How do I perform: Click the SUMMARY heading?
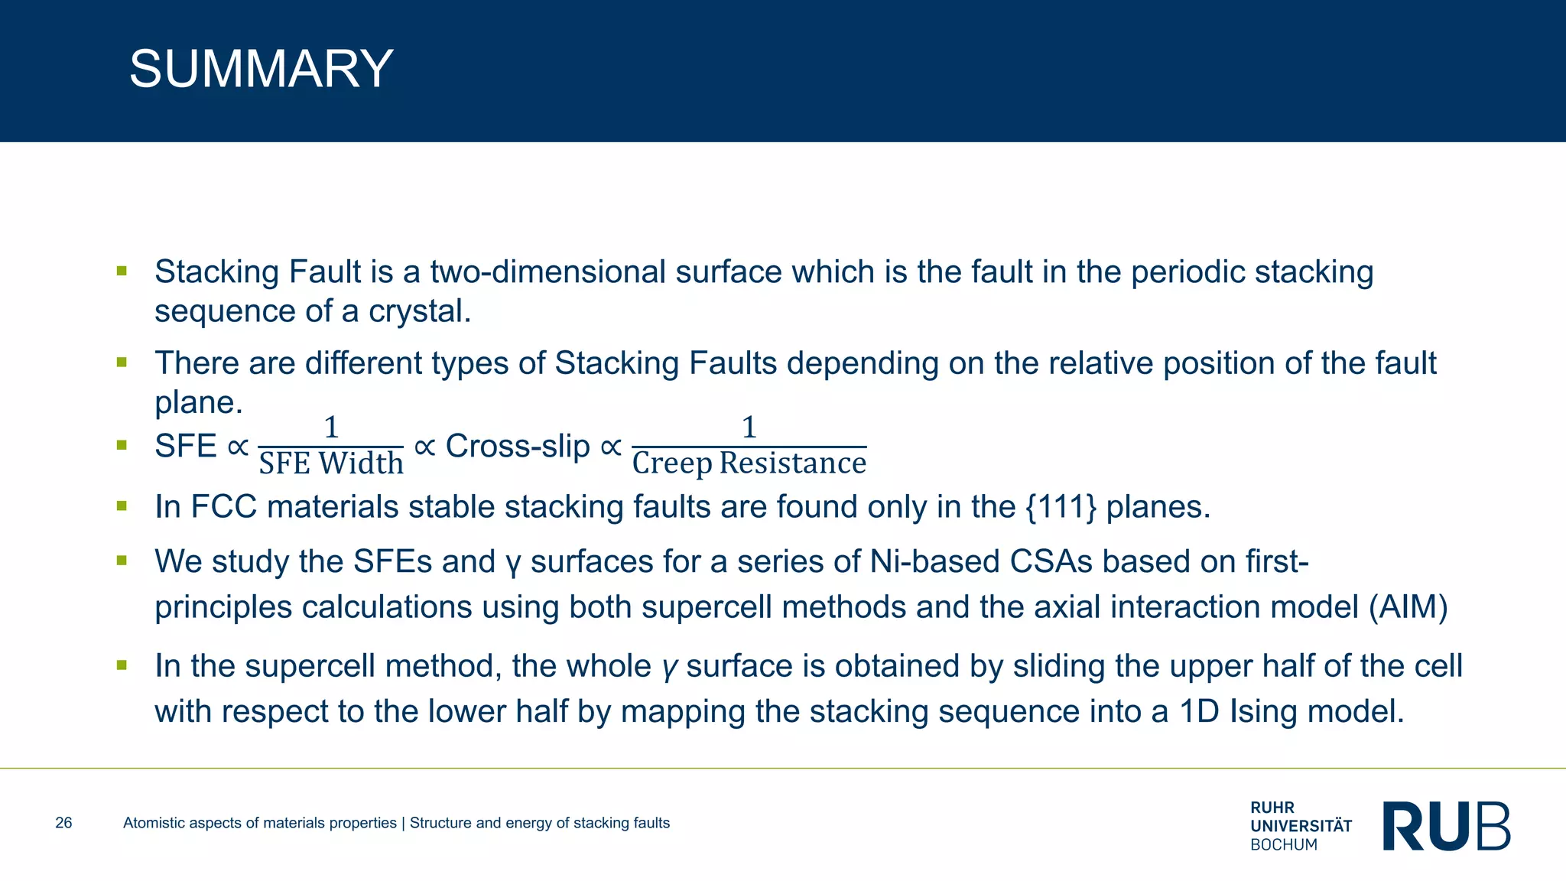(261, 69)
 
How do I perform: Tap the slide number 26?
(63, 823)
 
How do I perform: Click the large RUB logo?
(1446, 826)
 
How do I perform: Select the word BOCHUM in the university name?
(1284, 845)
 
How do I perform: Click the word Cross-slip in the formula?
(518, 446)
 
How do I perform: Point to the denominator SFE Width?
(331, 463)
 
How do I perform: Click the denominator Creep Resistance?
(749, 463)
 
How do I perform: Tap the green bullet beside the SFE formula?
(122, 444)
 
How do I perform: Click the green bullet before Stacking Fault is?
(122, 271)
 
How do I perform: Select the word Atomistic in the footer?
(154, 823)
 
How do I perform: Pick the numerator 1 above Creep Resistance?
(749, 427)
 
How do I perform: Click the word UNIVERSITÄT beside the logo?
(1301, 826)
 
